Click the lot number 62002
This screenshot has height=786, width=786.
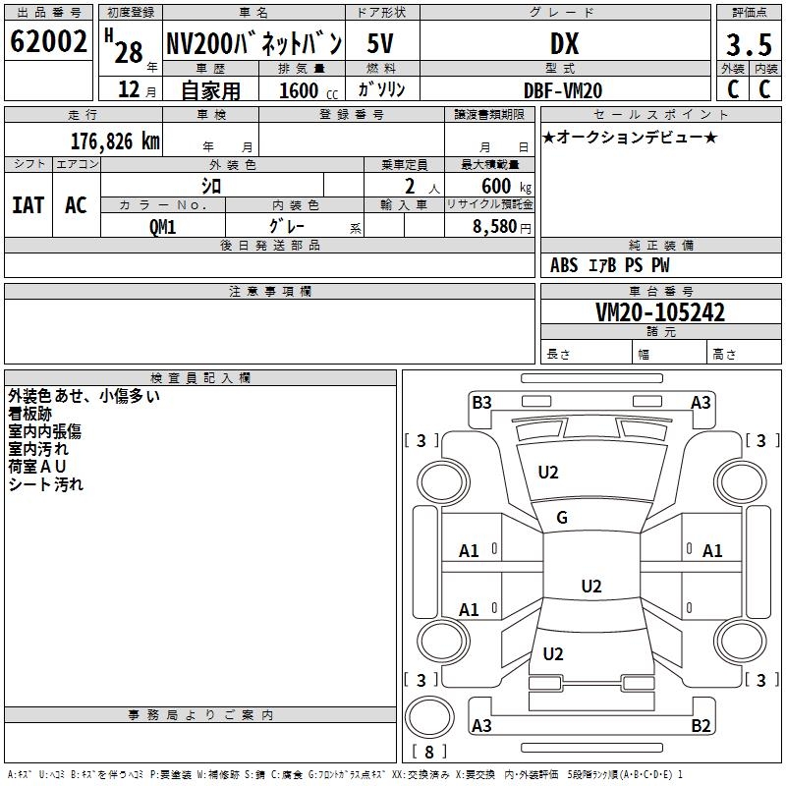[x=48, y=41]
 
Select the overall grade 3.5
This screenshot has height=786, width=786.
[x=749, y=44]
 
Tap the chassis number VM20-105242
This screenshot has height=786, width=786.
[x=660, y=312]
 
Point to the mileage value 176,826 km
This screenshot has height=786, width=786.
[x=115, y=141]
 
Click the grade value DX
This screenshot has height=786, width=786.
[x=564, y=44]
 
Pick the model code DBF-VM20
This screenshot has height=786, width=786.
[x=563, y=90]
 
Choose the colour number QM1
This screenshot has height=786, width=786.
[x=162, y=227]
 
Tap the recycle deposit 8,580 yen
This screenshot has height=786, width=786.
[x=502, y=227]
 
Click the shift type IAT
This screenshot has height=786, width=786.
[x=28, y=205]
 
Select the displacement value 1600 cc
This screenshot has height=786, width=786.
[x=309, y=90]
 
